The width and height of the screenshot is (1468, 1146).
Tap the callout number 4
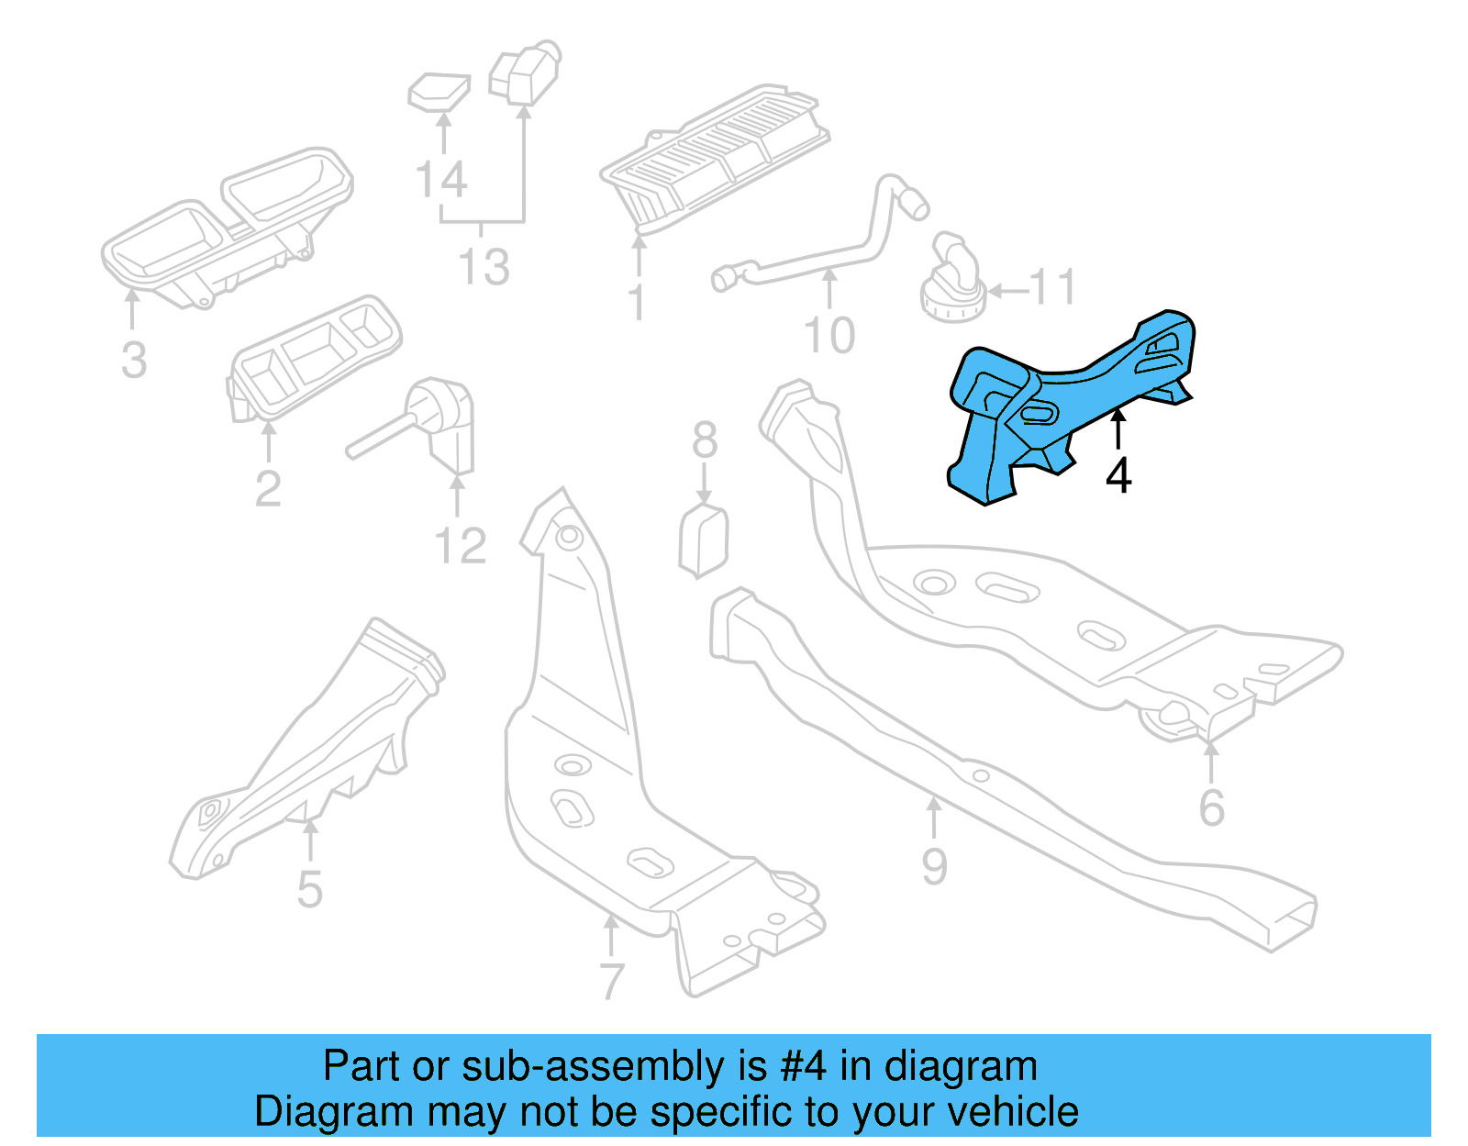(1118, 475)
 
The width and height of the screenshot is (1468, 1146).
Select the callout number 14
(441, 180)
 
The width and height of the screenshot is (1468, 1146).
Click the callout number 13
(484, 267)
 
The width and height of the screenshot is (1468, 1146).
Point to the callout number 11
(1052, 287)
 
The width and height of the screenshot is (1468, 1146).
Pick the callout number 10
(829, 335)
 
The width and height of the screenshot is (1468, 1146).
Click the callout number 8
(704, 440)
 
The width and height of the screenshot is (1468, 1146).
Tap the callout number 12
(460, 546)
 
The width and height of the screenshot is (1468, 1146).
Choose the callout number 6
(1211, 807)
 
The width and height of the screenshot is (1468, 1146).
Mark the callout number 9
(934, 866)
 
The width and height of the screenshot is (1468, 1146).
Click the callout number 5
(310, 889)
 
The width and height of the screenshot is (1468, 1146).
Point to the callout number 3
(134, 360)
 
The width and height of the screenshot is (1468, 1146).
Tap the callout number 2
(268, 488)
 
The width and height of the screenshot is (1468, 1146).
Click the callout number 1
(637, 302)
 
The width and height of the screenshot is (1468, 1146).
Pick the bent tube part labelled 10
(826, 248)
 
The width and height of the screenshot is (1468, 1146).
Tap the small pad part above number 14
(439, 91)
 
